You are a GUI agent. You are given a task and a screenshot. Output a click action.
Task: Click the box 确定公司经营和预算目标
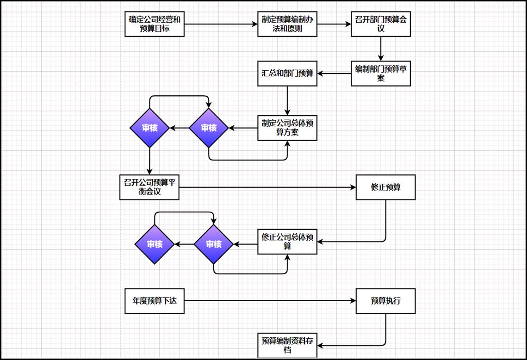[154, 24]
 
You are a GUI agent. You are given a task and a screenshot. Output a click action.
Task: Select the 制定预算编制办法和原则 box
[287, 24]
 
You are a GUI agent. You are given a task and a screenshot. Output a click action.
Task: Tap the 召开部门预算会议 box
[381, 24]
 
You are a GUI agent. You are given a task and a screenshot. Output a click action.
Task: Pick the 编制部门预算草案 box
[381, 74]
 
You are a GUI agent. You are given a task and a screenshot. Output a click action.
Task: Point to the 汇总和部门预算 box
[287, 74]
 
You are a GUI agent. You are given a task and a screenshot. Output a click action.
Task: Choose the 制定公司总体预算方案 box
[287, 128]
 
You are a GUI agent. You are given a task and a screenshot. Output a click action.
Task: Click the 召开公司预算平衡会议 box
[149, 187]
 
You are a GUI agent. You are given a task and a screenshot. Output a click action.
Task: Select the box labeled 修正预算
[386, 187]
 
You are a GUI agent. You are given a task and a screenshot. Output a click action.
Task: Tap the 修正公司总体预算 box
[287, 242]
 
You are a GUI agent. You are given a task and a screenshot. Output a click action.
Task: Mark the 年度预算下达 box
[154, 301]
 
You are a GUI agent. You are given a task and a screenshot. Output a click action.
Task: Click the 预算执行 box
[386, 301]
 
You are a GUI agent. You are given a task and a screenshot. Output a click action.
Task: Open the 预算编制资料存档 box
[287, 345]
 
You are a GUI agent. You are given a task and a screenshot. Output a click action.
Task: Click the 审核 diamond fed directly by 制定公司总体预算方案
[209, 128]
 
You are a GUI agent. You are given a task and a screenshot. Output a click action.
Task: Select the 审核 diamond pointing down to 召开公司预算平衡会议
[149, 128]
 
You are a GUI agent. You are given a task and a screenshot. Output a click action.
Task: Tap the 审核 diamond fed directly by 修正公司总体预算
[214, 244]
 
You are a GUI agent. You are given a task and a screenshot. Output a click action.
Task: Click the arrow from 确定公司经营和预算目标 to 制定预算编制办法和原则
[221, 24]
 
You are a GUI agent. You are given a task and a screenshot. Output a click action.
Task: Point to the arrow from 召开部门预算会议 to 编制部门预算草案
[381, 49]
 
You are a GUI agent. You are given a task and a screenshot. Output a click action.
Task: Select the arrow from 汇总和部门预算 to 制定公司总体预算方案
[287, 101]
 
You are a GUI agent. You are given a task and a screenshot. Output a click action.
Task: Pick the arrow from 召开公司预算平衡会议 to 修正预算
[267, 187]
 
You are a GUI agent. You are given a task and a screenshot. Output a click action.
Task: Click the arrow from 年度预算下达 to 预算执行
[270, 301]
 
